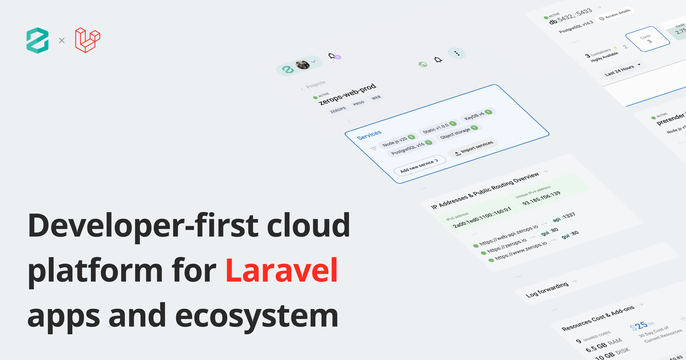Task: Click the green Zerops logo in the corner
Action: pyautogui.click(x=38, y=40)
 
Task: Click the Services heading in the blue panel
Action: pyautogui.click(x=369, y=135)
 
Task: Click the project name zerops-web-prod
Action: pyautogui.click(x=347, y=94)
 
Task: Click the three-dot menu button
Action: pyautogui.click(x=457, y=53)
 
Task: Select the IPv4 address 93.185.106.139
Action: pyautogui.click(x=541, y=198)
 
